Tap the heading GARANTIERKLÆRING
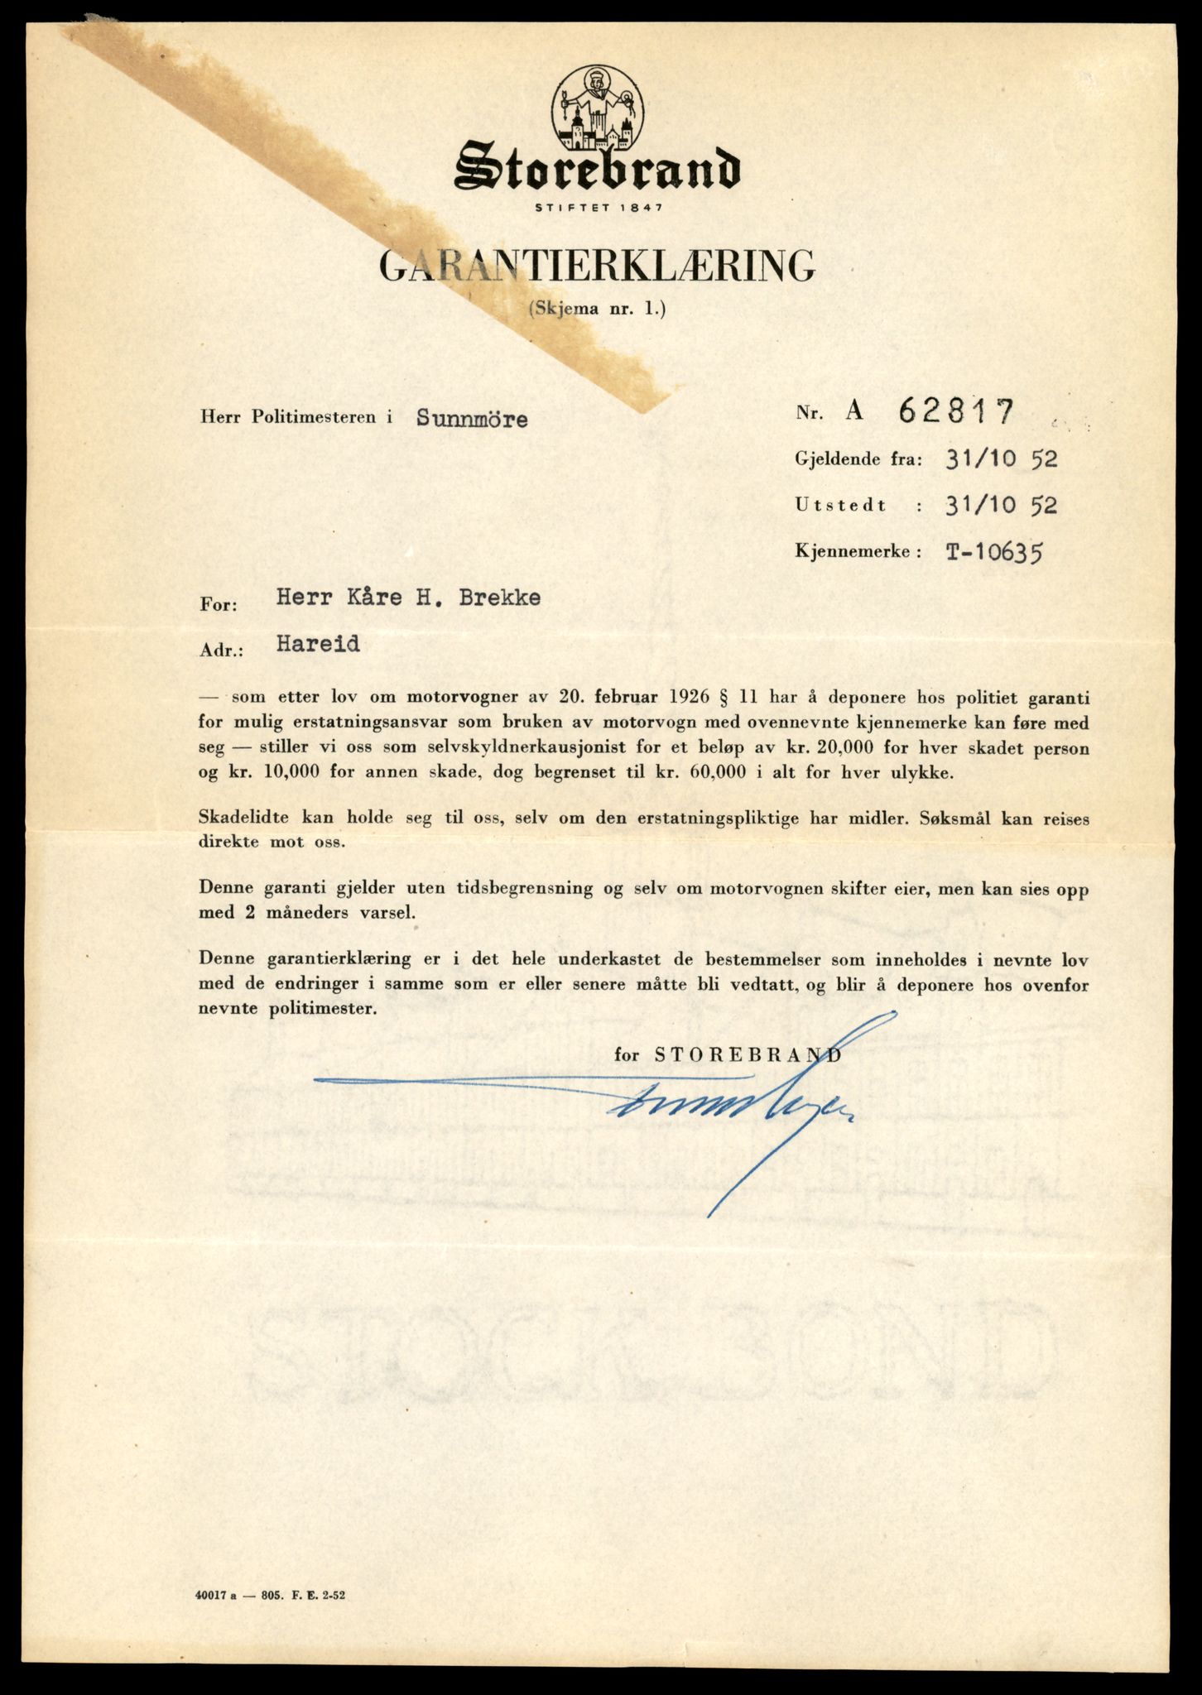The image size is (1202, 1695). coord(597,266)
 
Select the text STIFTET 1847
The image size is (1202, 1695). coord(598,207)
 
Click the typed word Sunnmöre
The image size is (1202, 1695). coord(472,419)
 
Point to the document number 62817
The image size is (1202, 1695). coord(955,411)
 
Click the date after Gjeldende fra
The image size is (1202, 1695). coord(1001,459)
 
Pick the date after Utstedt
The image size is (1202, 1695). coord(1001,504)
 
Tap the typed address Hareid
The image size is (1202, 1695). coord(319,644)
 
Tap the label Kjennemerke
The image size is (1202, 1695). coord(857,551)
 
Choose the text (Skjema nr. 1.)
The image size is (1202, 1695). coord(596,310)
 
